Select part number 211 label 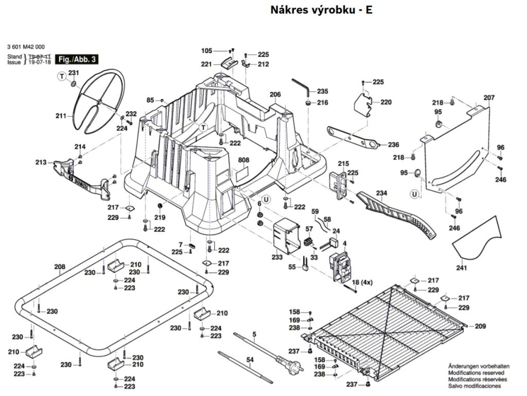click(x=61, y=116)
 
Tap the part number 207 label click(x=488, y=97)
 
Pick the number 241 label click(x=461, y=268)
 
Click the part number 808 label click(x=243, y=160)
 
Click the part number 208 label click(x=60, y=267)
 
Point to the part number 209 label click(x=480, y=326)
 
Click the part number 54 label click(x=250, y=359)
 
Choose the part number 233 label click(x=277, y=257)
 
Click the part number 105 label click(x=206, y=51)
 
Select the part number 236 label click(x=393, y=144)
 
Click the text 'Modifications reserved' click(x=476, y=372)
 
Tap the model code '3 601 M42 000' click(x=26, y=45)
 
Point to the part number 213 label click(x=41, y=162)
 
